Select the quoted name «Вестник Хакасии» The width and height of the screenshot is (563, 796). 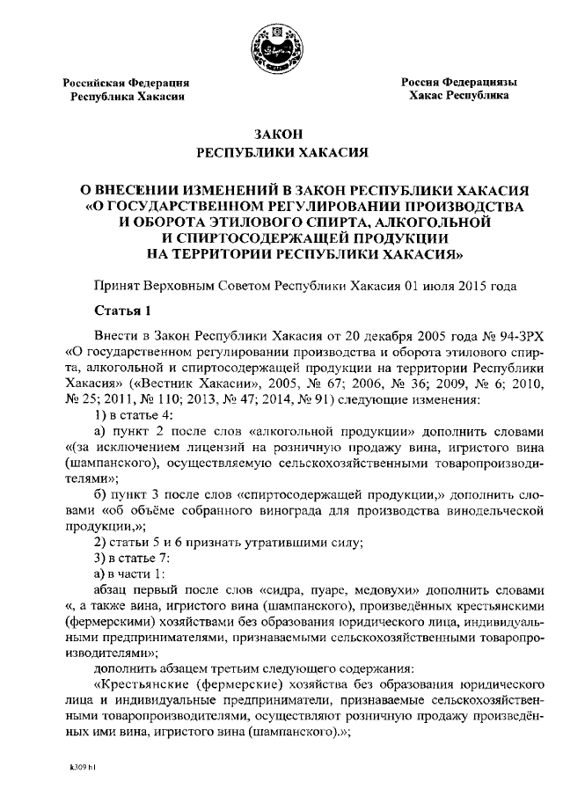[x=192, y=384]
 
